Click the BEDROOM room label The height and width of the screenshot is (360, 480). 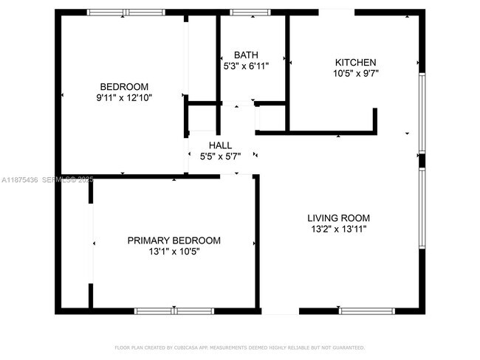(124, 86)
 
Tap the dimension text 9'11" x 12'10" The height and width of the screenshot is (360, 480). (124, 97)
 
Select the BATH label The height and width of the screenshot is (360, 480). (246, 55)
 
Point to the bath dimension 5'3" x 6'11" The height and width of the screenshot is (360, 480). (246, 66)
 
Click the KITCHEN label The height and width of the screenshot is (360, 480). (356, 63)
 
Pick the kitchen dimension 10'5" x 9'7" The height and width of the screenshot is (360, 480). (356, 74)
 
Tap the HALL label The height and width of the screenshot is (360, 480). (220, 145)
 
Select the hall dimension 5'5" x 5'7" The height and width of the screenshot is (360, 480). (220, 156)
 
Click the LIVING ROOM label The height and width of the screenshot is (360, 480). (338, 218)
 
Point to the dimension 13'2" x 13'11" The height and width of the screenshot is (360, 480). (338, 229)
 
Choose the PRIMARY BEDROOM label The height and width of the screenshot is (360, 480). (174, 240)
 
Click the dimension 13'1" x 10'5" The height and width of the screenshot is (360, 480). (174, 252)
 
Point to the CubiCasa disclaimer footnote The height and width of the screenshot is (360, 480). (240, 347)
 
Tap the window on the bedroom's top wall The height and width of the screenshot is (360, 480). (126, 13)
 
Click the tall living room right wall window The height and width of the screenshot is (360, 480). (422, 211)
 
